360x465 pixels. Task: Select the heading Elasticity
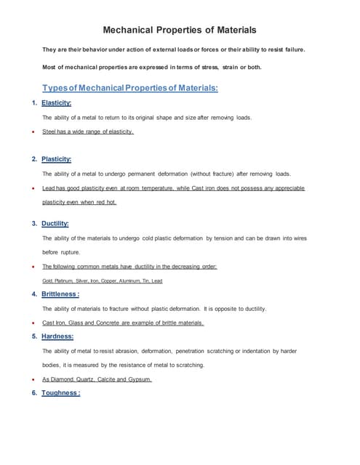click(x=56, y=103)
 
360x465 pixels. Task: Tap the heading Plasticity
click(x=56, y=159)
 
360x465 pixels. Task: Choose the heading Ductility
click(x=55, y=223)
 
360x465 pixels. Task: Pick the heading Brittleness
click(x=60, y=294)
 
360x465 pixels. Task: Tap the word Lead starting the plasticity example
click(x=49, y=188)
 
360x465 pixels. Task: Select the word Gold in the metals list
click(x=48, y=280)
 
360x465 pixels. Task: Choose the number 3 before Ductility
click(x=33, y=223)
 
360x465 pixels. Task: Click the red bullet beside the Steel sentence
click(x=33, y=132)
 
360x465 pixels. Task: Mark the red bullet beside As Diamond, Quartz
click(x=33, y=380)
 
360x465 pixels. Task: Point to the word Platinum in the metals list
click(x=68, y=280)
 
